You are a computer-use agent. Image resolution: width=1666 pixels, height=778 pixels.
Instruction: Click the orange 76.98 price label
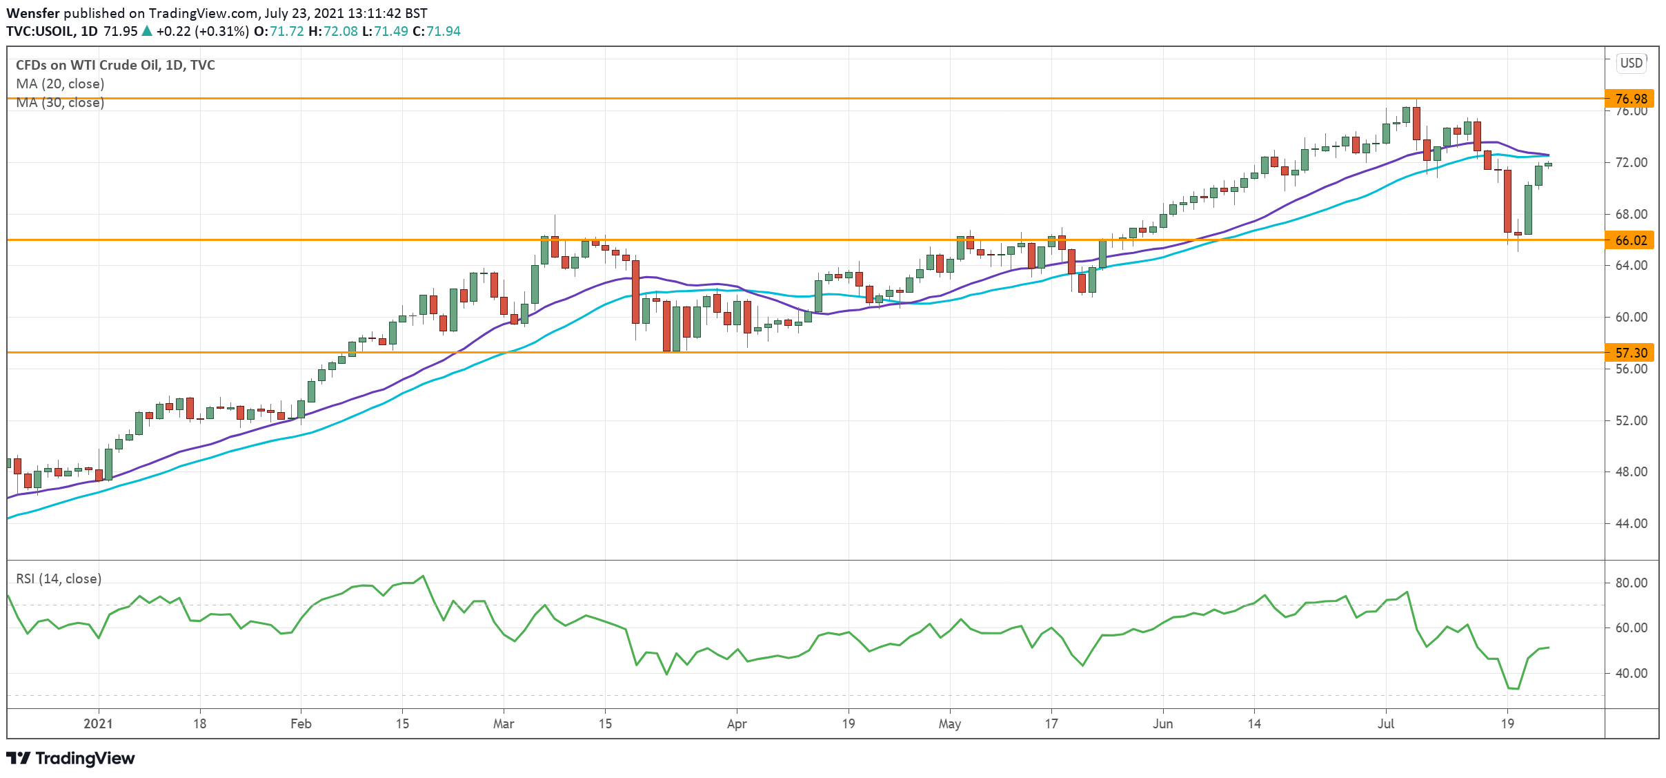pos(1631,99)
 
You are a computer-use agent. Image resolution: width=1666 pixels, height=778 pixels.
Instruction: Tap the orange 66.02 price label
pos(1631,240)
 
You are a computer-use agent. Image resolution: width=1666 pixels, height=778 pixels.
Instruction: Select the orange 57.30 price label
pos(1631,353)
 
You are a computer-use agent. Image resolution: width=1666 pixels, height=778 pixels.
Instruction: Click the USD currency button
pos(1632,63)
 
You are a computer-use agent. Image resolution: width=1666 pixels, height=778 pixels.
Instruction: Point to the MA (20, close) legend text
pos(60,84)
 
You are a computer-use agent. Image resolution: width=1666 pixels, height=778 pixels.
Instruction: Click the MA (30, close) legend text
pos(60,103)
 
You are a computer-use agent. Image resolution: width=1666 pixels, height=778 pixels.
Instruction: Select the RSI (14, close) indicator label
pos(59,578)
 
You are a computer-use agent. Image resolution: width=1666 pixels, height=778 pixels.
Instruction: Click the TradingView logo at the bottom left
pos(71,758)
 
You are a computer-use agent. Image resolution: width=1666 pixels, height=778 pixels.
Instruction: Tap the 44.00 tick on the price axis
pos(1631,523)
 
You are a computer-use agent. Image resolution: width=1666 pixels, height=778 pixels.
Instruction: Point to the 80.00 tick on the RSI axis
pos(1631,583)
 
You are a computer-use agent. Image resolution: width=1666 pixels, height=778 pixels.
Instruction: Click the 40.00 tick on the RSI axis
pos(1631,673)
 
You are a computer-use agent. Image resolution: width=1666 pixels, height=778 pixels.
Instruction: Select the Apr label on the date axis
pos(737,723)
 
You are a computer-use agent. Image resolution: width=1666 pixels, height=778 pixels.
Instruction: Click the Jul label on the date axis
pos(1386,723)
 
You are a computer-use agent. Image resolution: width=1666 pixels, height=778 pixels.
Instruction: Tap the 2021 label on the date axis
pos(98,723)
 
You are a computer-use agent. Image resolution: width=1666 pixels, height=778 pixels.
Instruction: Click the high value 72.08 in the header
pos(341,31)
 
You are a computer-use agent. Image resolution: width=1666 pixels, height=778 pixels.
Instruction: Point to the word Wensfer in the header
pos(33,13)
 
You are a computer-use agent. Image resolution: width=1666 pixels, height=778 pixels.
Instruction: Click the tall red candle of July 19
pos(1507,201)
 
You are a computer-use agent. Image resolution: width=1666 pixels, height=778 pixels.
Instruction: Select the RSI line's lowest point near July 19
pos(1514,688)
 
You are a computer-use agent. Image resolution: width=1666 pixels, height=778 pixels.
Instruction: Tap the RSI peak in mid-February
pos(423,576)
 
